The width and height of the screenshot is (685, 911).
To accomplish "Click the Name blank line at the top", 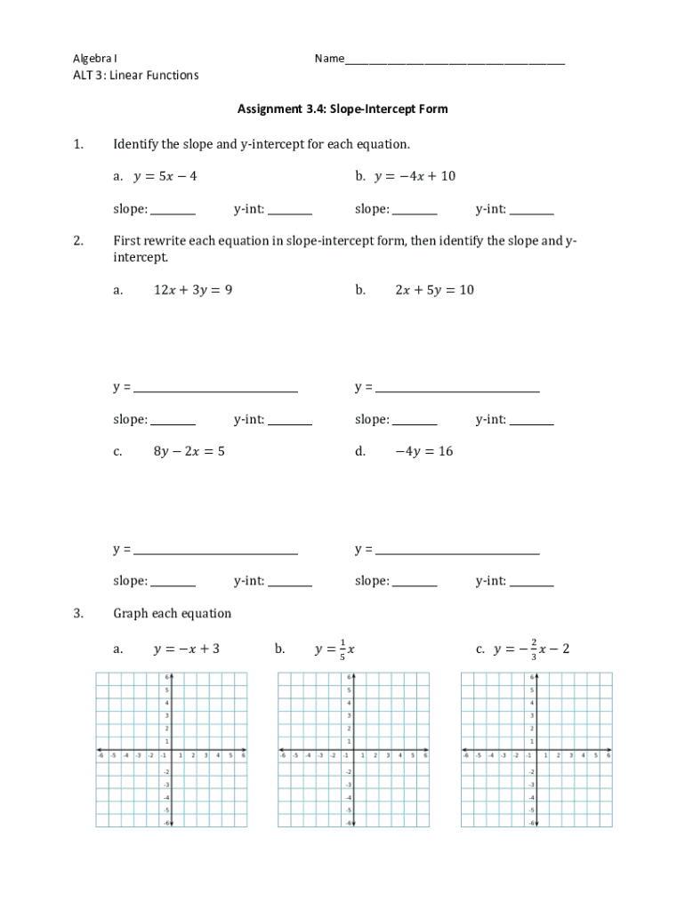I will pos(455,62).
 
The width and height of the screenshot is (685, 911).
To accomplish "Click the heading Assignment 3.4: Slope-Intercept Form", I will pos(342,109).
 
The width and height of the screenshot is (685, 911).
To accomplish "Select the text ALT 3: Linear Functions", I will pos(135,76).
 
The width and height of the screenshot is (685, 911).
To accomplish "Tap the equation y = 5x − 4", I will pos(165,176).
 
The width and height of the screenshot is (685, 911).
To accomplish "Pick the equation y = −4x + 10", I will pos(415,176).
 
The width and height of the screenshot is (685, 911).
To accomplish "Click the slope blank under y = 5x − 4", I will pos(173,212).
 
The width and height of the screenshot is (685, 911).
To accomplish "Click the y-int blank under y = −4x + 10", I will pos(531,212).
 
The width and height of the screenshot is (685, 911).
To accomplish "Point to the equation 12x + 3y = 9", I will pos(193,290).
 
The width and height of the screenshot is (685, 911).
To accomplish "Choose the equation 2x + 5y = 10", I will pos(434,290).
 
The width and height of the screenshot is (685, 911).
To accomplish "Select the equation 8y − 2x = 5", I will pos(189,452).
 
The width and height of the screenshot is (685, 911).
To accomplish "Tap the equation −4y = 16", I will pos(423,452).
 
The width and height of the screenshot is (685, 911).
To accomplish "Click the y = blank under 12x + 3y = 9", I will pos(215,390).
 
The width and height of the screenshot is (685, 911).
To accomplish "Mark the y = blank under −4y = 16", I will pos(457,552).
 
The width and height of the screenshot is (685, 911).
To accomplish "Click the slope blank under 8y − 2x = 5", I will pos(173,584).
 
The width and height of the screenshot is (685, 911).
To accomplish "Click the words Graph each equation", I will pos(172,614).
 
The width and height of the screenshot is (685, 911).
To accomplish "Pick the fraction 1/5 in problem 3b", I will pos(342,649).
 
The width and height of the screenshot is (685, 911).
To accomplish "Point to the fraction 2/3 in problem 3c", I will pos(533,649).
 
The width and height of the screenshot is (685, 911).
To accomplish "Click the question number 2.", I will pos(78,241).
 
